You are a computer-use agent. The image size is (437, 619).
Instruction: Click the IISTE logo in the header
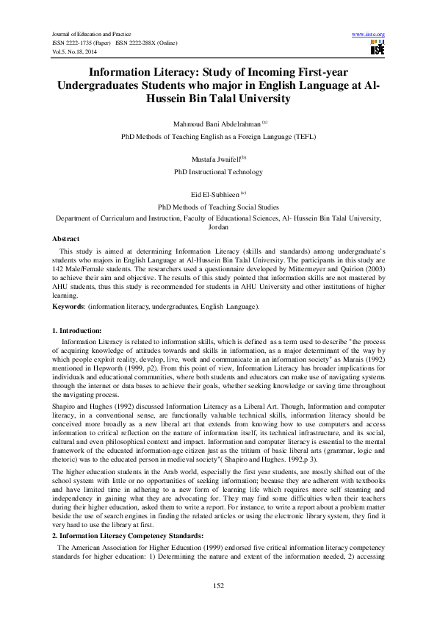[378, 49]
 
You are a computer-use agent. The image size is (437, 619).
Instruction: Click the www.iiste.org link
[369, 34]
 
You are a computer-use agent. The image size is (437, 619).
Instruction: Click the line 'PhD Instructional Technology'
[218, 172]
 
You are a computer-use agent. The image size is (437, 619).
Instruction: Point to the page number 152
[218, 584]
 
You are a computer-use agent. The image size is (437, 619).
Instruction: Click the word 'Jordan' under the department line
[218, 228]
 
